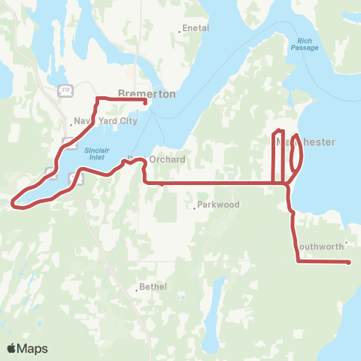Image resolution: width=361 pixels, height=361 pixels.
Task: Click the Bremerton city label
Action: (x=147, y=94)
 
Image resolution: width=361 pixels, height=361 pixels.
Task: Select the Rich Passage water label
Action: (x=305, y=44)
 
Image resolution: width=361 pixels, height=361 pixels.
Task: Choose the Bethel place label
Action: (x=151, y=287)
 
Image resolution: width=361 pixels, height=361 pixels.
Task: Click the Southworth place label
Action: (x=319, y=246)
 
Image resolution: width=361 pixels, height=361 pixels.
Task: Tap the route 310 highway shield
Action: (x=65, y=90)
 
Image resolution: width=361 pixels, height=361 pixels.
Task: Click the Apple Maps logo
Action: (x=27, y=348)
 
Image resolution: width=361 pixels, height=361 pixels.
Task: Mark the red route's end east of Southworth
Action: (x=350, y=262)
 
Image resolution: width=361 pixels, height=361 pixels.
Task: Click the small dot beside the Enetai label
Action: (x=179, y=31)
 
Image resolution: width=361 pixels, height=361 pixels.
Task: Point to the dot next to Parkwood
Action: (x=195, y=206)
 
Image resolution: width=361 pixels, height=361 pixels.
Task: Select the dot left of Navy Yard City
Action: (x=71, y=123)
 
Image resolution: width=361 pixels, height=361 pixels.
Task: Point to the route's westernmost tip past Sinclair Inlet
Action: (x=13, y=201)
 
